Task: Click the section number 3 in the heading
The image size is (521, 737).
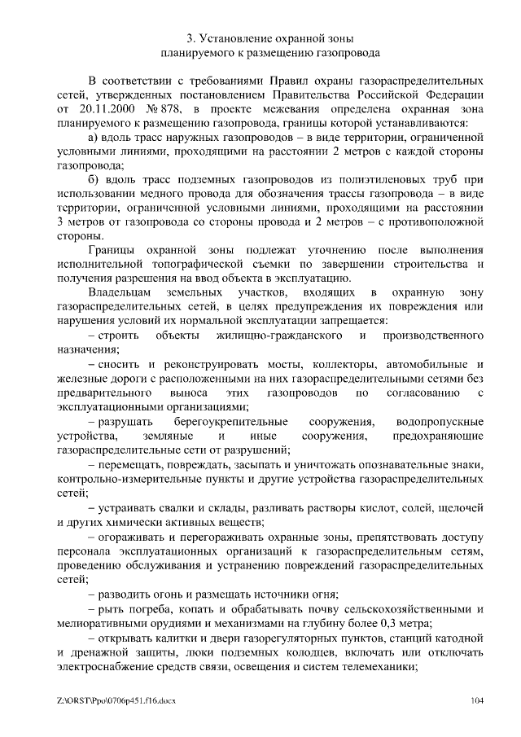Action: [189, 37]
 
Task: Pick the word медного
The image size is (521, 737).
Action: [152, 194]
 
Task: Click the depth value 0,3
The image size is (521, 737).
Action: [393, 621]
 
